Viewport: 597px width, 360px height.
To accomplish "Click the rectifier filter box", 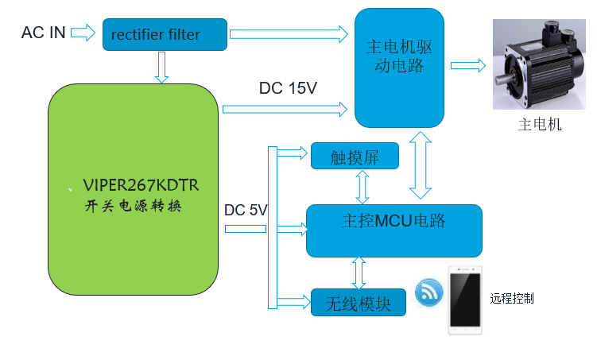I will click(x=165, y=34).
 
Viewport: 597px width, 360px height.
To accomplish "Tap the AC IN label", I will click(x=44, y=33).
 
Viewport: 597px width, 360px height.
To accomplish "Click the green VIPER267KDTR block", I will click(x=133, y=191).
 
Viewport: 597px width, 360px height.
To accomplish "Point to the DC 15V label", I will click(x=288, y=88).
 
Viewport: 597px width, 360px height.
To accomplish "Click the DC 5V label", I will click(x=246, y=211).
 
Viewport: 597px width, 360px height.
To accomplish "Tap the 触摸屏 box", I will click(x=355, y=157).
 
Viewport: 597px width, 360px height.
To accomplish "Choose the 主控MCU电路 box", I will click(x=393, y=230).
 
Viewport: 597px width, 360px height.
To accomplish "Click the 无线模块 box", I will click(x=359, y=302).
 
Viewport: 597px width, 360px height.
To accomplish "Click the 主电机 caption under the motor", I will click(x=540, y=125).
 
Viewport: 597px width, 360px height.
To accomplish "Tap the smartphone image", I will click(x=465, y=299).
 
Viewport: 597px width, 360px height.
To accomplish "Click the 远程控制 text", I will click(x=512, y=299).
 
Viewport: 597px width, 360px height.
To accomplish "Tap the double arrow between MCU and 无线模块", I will click(x=359, y=273).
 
